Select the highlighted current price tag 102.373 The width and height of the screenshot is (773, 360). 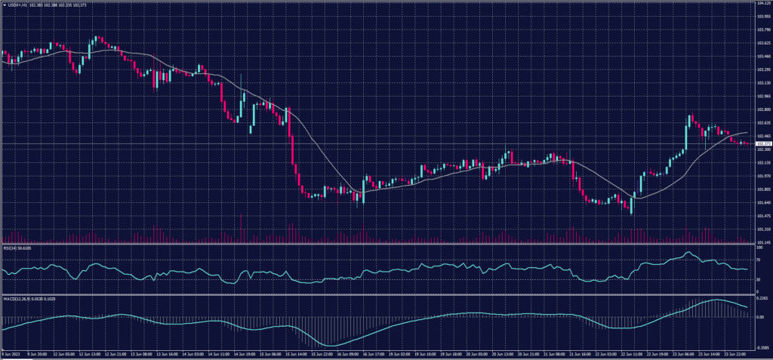point(762,143)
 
